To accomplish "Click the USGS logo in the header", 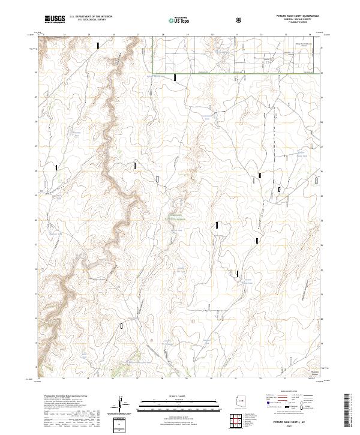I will pos(55,20).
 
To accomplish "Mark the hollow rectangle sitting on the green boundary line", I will pos(175,77).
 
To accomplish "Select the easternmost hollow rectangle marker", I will pos(318,179).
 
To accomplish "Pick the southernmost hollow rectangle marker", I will pos(124,327).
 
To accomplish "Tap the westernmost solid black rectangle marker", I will pos(56,168).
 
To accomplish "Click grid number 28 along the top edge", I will pos(163,35).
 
